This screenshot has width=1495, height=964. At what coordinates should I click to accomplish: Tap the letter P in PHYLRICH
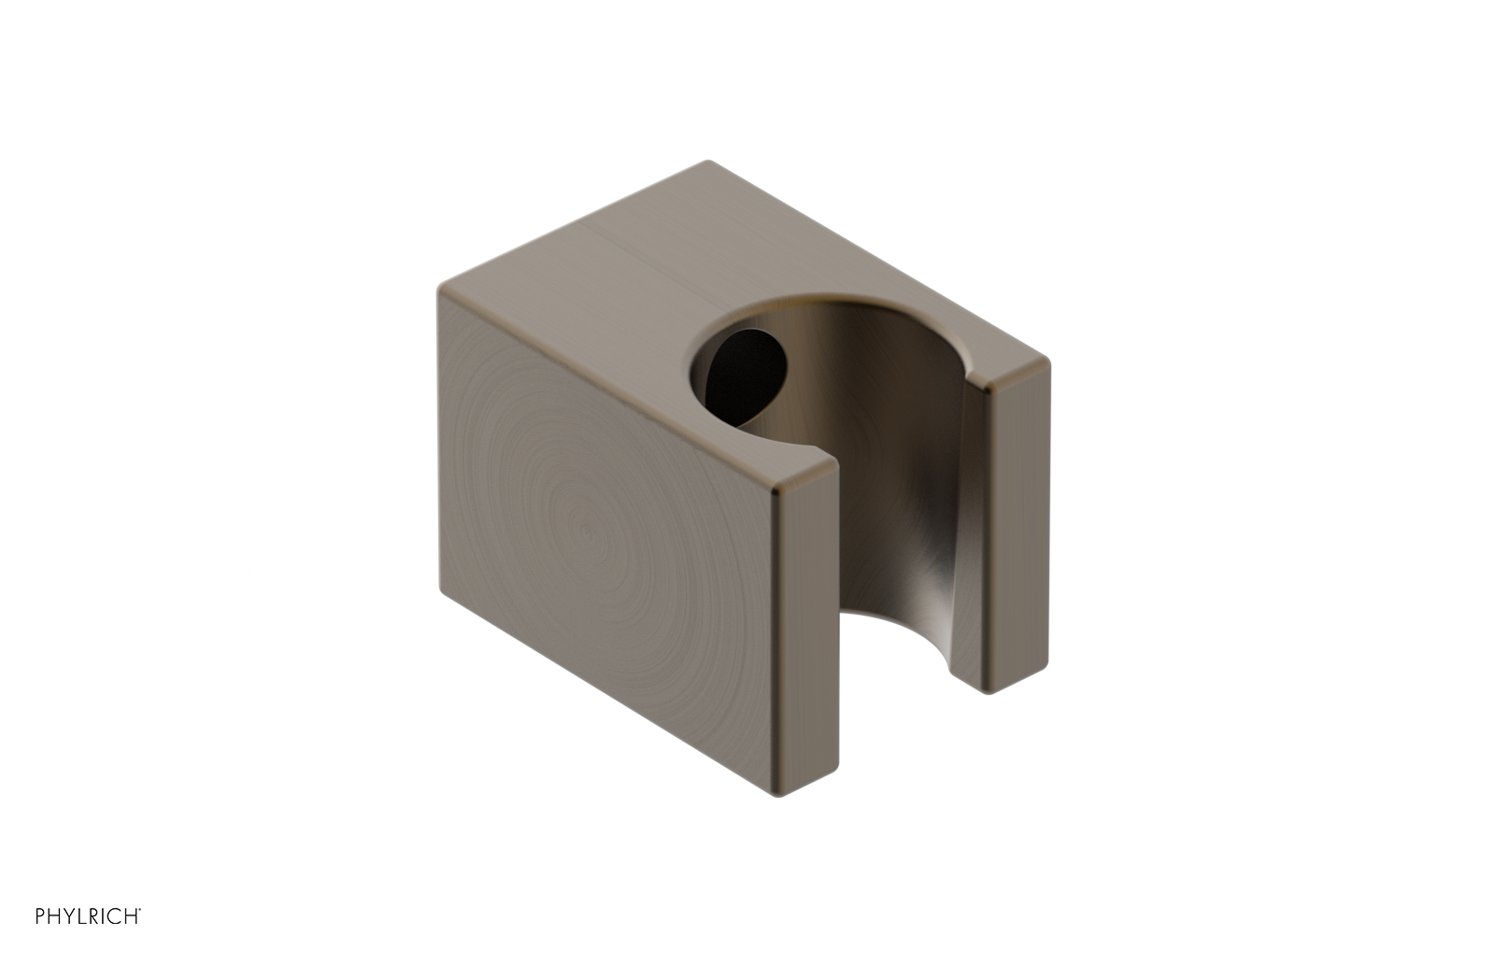coord(40,916)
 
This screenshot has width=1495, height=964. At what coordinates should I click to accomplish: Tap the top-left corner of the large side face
coord(440,288)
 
